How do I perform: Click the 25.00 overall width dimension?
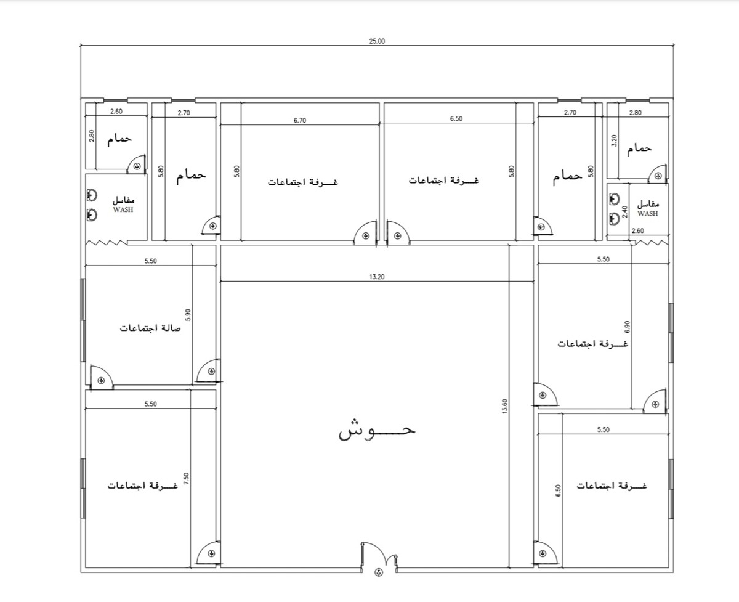[377, 41]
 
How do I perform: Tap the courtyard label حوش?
[377, 430]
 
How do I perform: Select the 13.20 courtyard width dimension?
[377, 277]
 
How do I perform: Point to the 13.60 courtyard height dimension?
[504, 406]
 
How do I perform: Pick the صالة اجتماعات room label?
[150, 328]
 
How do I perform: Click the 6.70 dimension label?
[300, 120]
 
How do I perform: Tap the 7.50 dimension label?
[187, 479]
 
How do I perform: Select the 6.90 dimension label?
[627, 327]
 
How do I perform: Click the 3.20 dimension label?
[614, 140]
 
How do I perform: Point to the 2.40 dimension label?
[625, 212]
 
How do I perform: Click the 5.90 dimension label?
[188, 315]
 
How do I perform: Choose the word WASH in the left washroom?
[123, 209]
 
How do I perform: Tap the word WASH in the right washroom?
[647, 213]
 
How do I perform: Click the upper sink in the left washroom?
[92, 195]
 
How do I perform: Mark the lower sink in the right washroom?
[615, 219]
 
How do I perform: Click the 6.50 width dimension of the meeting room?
[456, 118]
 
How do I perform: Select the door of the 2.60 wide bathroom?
[137, 165]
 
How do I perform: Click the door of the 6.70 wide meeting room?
[365, 234]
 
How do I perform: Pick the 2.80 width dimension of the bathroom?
[636, 113]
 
